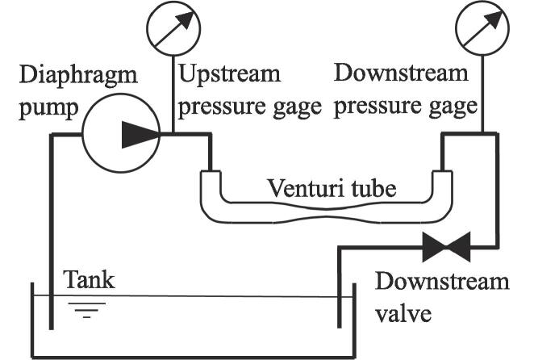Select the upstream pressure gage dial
click(x=173, y=28)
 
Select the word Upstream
click(x=229, y=75)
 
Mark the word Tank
click(x=89, y=280)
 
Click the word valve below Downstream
click(x=403, y=312)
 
